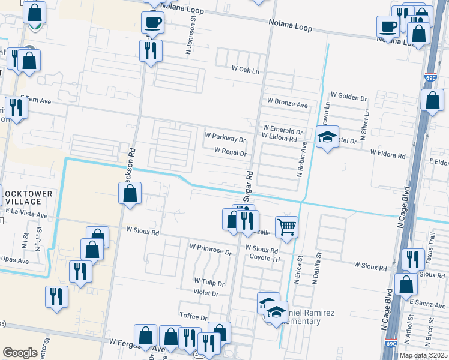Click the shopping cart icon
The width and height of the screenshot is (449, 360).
coord(287,226)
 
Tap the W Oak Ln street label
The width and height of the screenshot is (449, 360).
coord(249,70)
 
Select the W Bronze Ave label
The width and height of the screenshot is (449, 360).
coord(288,104)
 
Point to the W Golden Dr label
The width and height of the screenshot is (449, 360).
coord(349,97)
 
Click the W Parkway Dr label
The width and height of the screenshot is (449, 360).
coord(225,139)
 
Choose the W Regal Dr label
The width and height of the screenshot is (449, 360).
coord(231,153)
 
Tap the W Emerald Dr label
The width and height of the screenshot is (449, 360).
coord(282,130)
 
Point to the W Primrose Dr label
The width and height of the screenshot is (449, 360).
coord(210,247)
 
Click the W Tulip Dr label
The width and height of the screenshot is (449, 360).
coord(209,282)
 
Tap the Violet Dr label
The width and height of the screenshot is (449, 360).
coord(206,293)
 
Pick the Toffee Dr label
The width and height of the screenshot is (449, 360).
coord(193,317)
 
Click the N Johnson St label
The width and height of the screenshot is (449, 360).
coord(194,26)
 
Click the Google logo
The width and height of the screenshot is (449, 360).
coord(20,353)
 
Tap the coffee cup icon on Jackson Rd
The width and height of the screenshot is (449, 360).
coord(152,23)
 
